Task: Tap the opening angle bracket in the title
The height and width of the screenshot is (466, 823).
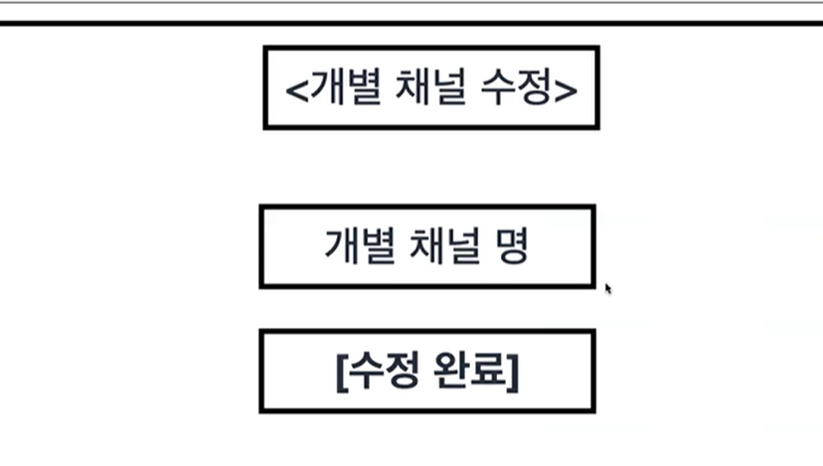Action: click(x=295, y=89)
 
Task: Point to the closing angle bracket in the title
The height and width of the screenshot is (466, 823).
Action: click(x=567, y=89)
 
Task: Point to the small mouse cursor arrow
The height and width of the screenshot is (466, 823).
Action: click(x=607, y=288)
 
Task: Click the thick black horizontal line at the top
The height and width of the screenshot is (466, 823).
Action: click(x=411, y=22)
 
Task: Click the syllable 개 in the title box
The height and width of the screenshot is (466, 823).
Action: click(x=324, y=87)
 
